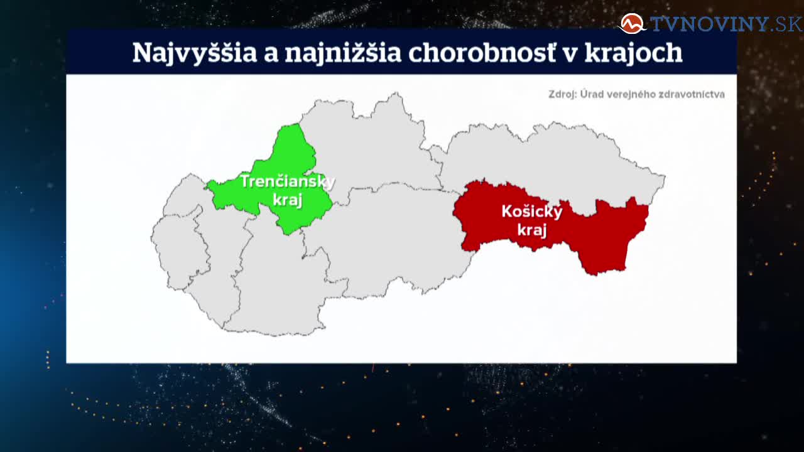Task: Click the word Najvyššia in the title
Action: pyautogui.click(x=195, y=53)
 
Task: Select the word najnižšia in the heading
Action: pyautogui.click(x=343, y=53)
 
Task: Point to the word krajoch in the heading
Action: pyautogui.click(x=634, y=53)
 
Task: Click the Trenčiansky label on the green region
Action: pyautogui.click(x=288, y=181)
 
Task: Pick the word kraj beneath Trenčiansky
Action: pyautogui.click(x=287, y=200)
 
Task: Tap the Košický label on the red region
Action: pyautogui.click(x=532, y=212)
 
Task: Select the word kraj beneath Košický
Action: pyautogui.click(x=532, y=230)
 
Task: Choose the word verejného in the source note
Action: pyautogui.click(x=632, y=95)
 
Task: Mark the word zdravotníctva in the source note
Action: pyautogui.click(x=692, y=94)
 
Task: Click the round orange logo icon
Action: pyautogui.click(x=632, y=24)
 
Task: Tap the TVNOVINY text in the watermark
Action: pyautogui.click(x=709, y=24)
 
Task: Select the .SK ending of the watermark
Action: pyautogui.click(x=786, y=24)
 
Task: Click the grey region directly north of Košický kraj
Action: pyautogui.click(x=549, y=161)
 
